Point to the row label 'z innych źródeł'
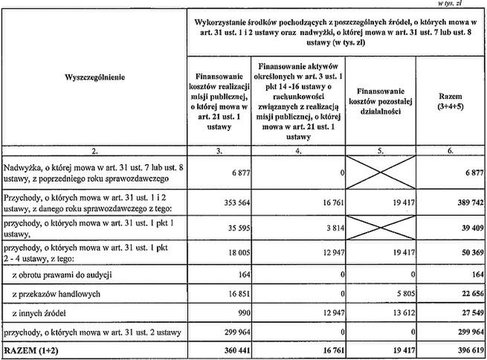[43, 314]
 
